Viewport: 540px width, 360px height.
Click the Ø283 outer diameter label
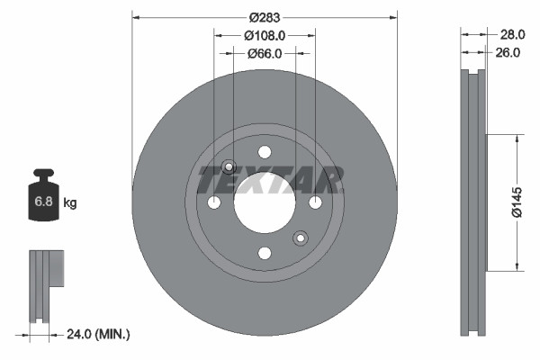(265, 17)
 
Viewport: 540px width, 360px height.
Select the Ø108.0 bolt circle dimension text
(265, 35)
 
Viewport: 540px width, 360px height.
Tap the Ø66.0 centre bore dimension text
(265, 53)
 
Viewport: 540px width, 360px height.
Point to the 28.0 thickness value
(511, 34)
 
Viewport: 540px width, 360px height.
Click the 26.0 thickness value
(508, 52)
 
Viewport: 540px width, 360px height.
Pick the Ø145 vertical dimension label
(517, 202)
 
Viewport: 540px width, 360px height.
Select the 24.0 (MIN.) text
(99, 334)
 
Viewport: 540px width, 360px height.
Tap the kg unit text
(70, 203)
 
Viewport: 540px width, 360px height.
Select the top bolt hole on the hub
(265, 152)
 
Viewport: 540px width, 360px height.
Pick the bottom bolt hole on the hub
(265, 253)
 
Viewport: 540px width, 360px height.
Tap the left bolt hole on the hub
(214, 202)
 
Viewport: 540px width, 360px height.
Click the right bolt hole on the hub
(315, 202)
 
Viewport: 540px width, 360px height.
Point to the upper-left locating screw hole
(229, 166)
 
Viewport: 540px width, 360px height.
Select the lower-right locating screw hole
(301, 238)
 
